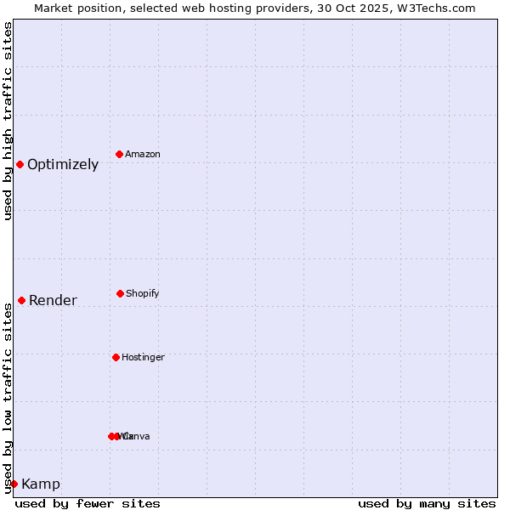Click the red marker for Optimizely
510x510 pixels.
pos(20,164)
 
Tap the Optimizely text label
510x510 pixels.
pos(63,165)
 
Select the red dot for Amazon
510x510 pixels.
pos(119,154)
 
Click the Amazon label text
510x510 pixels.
pos(143,155)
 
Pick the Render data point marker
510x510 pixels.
pos(21,300)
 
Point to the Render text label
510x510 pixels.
pos(53,301)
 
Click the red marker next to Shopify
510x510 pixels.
pos(120,293)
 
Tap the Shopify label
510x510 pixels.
pos(143,294)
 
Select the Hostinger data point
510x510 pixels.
pos(116,357)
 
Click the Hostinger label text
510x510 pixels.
pos(143,358)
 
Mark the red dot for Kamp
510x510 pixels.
pos(14,484)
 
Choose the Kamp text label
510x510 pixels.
pos(41,484)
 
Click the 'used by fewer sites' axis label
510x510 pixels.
pos(88,503)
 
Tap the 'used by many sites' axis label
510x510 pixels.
pos(427,503)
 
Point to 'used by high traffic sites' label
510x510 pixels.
pos(8,121)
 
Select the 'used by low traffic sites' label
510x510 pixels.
pos(8,398)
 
